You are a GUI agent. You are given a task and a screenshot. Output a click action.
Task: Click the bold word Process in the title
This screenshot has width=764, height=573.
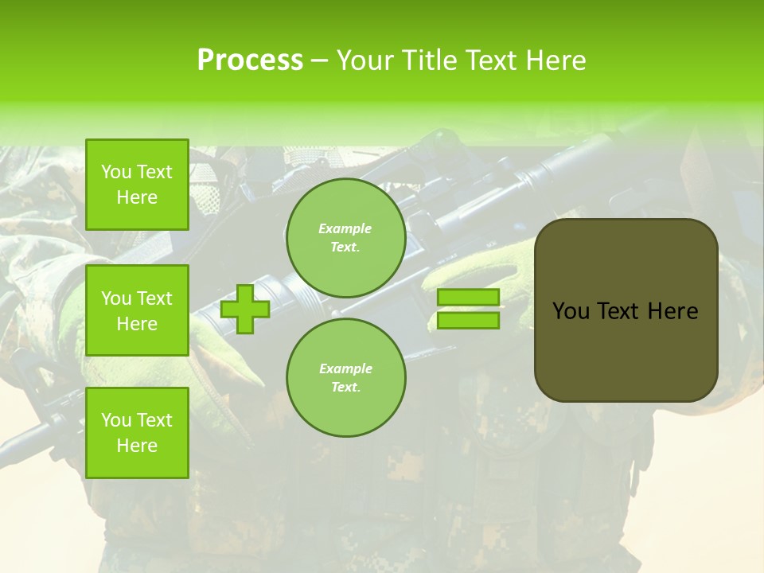[x=250, y=60]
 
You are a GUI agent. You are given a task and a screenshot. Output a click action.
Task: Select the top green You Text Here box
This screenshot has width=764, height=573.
[x=137, y=185]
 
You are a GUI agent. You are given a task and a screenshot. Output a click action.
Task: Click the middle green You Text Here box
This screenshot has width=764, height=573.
[x=137, y=310]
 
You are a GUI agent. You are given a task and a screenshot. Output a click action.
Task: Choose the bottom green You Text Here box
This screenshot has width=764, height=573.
[x=137, y=433]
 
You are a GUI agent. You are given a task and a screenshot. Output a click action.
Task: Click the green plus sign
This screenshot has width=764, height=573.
[x=245, y=309]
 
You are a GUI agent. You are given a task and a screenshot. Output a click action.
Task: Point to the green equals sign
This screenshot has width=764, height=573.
[x=468, y=309]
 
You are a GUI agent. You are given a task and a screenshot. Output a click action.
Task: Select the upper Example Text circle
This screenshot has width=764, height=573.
[x=345, y=238]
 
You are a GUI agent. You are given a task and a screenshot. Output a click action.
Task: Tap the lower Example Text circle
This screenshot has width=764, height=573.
[x=345, y=378]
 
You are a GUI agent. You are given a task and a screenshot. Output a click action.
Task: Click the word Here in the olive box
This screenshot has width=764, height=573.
[x=672, y=311]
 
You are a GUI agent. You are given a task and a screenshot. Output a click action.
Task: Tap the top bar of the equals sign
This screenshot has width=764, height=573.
[x=468, y=298]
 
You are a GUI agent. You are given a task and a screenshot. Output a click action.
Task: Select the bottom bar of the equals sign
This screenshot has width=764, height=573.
[x=468, y=321]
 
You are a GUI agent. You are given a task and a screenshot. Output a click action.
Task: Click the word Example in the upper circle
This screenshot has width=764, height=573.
[x=345, y=228]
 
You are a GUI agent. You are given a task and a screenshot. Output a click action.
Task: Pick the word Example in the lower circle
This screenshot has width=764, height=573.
[x=345, y=368]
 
